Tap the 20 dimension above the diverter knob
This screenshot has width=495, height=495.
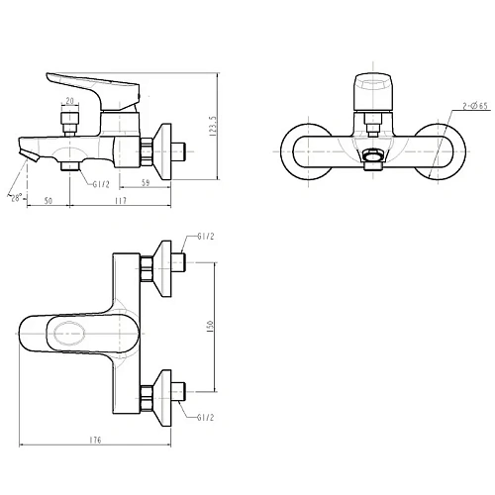pos(70,101)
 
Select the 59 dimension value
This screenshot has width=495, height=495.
pos(146,182)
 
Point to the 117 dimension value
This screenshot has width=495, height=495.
pos(121,200)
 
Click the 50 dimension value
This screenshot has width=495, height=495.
pos(49,200)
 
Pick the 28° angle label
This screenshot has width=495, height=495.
pos(15,198)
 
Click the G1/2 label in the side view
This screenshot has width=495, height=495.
pos(101,184)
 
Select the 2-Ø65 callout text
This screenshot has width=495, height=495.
pos(475,106)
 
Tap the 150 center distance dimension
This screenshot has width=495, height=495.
pos(211,327)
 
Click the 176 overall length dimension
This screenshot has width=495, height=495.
pos(95,440)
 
